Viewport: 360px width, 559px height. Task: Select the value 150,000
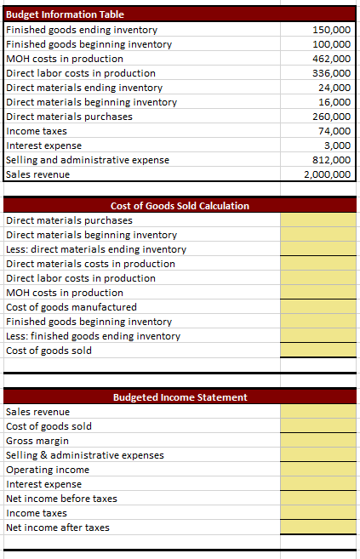click(332, 30)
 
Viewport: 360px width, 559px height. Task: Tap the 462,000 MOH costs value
click(332, 59)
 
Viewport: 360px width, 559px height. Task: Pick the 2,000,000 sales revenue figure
click(328, 174)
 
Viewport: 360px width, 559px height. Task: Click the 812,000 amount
click(332, 160)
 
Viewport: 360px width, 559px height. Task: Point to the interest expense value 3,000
click(338, 145)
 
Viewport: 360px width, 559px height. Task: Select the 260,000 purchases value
click(332, 117)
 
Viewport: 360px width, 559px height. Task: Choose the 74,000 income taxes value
click(335, 131)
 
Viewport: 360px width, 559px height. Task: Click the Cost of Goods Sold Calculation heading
click(180, 206)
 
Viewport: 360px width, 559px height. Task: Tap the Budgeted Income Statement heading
click(180, 397)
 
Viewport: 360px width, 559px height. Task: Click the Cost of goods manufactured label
click(71, 307)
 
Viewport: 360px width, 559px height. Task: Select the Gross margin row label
click(37, 441)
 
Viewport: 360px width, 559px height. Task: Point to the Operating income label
click(48, 470)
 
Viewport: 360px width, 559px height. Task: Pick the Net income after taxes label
click(57, 528)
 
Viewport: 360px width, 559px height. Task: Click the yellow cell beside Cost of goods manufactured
click(318, 307)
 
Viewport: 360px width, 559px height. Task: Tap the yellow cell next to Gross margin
click(318, 441)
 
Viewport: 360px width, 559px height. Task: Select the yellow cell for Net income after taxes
click(318, 528)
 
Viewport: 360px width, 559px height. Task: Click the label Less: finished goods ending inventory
click(93, 336)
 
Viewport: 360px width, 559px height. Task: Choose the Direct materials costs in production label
click(90, 264)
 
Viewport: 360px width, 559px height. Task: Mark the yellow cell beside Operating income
click(318, 470)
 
